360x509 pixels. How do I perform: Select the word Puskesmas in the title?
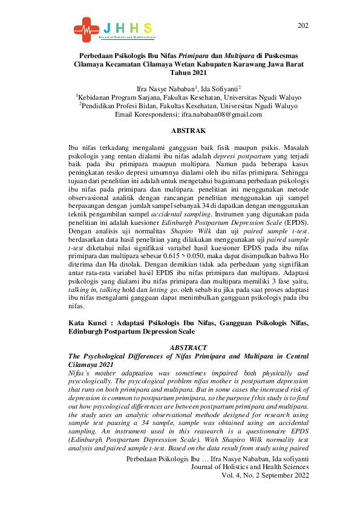[x=282, y=54]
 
